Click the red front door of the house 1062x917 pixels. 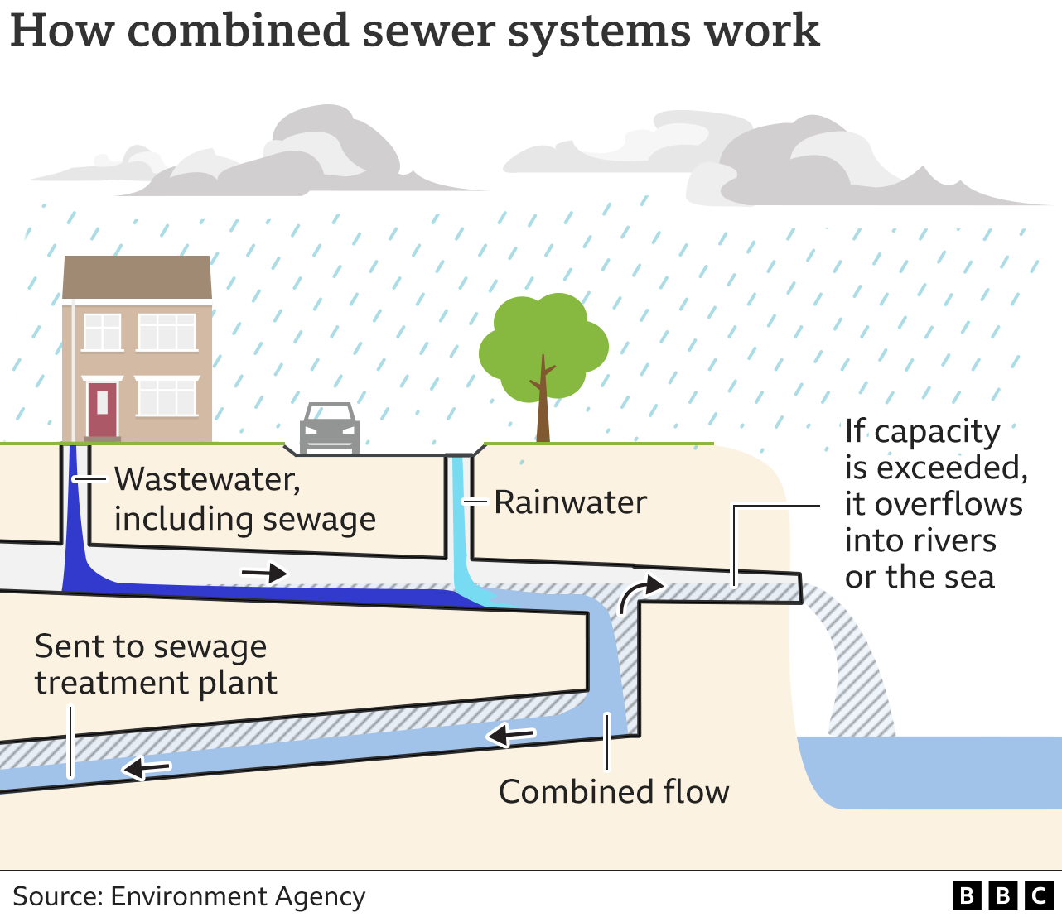(x=102, y=409)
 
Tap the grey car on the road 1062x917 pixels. (x=329, y=429)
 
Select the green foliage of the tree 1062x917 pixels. (x=543, y=339)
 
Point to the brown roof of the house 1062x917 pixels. (x=138, y=276)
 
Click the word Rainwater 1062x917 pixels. (x=570, y=502)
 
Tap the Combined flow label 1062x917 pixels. (x=613, y=792)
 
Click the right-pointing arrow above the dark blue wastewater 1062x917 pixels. (x=264, y=573)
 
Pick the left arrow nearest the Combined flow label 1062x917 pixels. (x=511, y=734)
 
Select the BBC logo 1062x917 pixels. (x=1002, y=895)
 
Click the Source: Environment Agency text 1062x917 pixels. (x=189, y=896)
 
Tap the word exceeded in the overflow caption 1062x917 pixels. (x=953, y=468)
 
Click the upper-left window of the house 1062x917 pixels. (x=103, y=332)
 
